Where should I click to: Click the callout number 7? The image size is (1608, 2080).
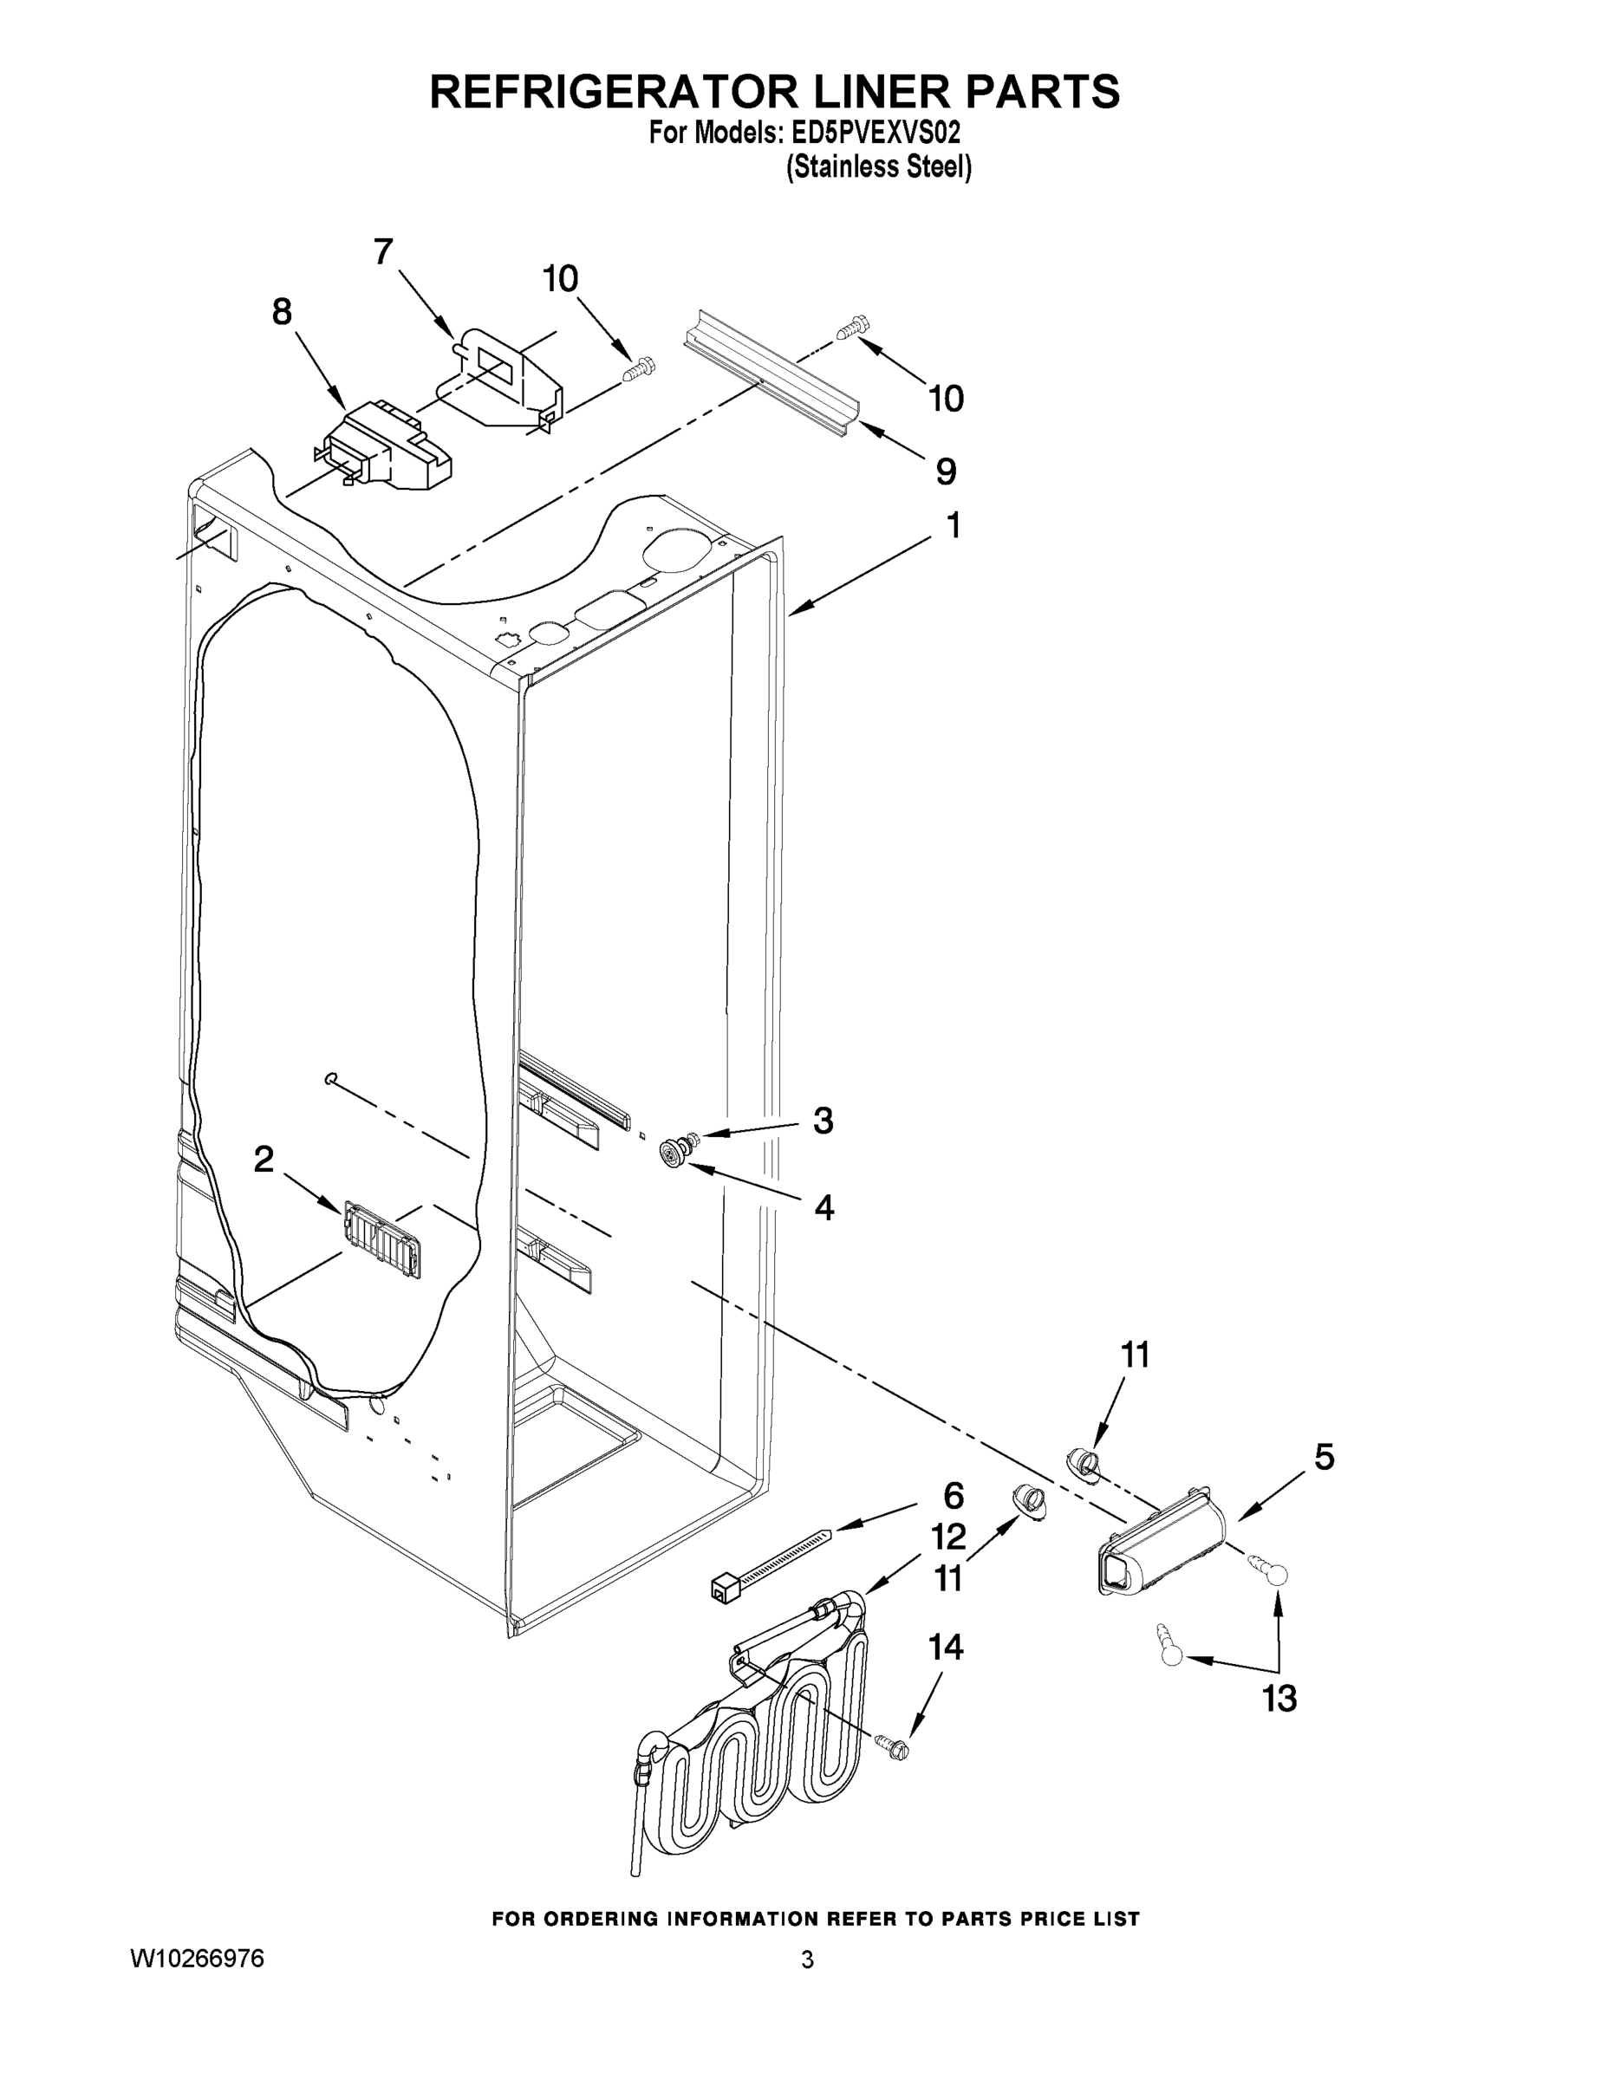coord(383,252)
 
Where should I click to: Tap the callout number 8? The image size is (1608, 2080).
coord(282,311)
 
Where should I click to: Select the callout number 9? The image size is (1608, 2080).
coord(945,471)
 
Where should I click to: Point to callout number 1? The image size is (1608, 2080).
coord(953,524)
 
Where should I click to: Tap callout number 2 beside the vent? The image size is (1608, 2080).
coord(264,1159)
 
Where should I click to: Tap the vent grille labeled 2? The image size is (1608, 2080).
coord(381,1239)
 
